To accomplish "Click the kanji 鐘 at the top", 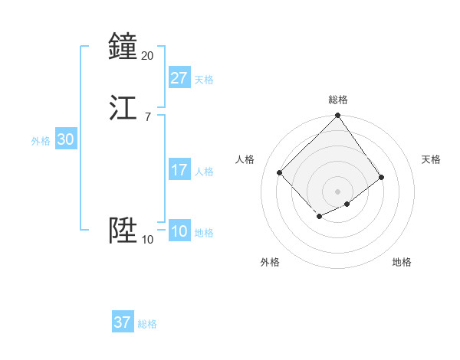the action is pos(123,47).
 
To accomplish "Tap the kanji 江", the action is pos(123,108).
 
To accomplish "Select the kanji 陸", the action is pos(123,231).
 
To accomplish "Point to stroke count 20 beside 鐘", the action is pos(147,55).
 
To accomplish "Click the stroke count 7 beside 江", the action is pos(147,116).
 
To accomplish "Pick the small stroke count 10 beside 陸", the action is pos(147,239).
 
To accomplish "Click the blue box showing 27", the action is pos(179,78).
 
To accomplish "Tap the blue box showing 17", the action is pos(179,170).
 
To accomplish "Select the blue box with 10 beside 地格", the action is pos(179,231).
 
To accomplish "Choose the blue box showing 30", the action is pos(65,139).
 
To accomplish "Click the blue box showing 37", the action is pos(122,322).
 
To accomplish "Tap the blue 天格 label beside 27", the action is pos(204,80).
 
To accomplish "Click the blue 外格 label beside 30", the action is pos(41,141).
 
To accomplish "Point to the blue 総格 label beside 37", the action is pos(147,324).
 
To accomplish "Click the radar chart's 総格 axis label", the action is pos(338,100).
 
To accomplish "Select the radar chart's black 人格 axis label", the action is pos(245,159).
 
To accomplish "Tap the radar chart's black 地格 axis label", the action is pos(402,262).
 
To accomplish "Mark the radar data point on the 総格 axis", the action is pos(338,116).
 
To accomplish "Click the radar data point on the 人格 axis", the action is pos(280,172).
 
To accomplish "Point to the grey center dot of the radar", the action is pos(338,191).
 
